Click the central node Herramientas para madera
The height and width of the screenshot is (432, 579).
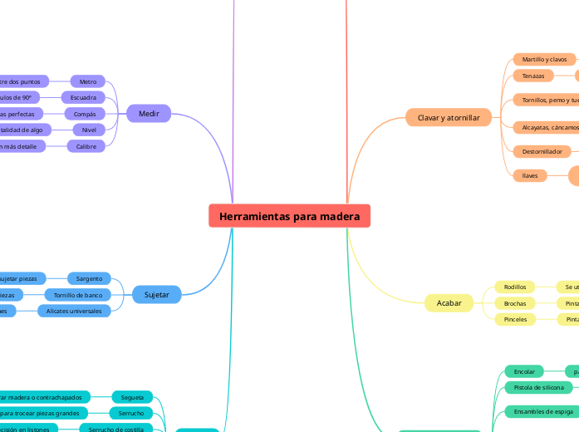(289, 216)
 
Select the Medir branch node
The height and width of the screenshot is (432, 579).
(149, 113)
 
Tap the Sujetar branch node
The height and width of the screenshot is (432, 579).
(156, 294)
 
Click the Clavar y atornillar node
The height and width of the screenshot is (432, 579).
(449, 118)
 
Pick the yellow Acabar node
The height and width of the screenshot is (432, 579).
(449, 303)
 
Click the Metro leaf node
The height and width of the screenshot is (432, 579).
(88, 81)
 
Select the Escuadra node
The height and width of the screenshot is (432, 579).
(83, 97)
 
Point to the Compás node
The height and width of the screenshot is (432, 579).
(85, 114)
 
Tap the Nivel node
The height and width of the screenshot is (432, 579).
(89, 130)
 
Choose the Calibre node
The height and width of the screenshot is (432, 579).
(86, 146)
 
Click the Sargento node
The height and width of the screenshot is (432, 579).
(89, 278)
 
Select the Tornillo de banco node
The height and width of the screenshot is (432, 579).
(77, 295)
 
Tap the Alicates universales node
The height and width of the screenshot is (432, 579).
(74, 311)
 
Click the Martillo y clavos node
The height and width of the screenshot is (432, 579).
(544, 60)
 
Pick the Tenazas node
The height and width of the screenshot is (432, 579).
(533, 76)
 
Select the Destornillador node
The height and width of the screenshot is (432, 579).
(542, 151)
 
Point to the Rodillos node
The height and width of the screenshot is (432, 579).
(515, 287)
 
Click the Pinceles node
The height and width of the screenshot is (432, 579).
(515, 319)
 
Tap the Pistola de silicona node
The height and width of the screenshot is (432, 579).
(538, 387)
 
